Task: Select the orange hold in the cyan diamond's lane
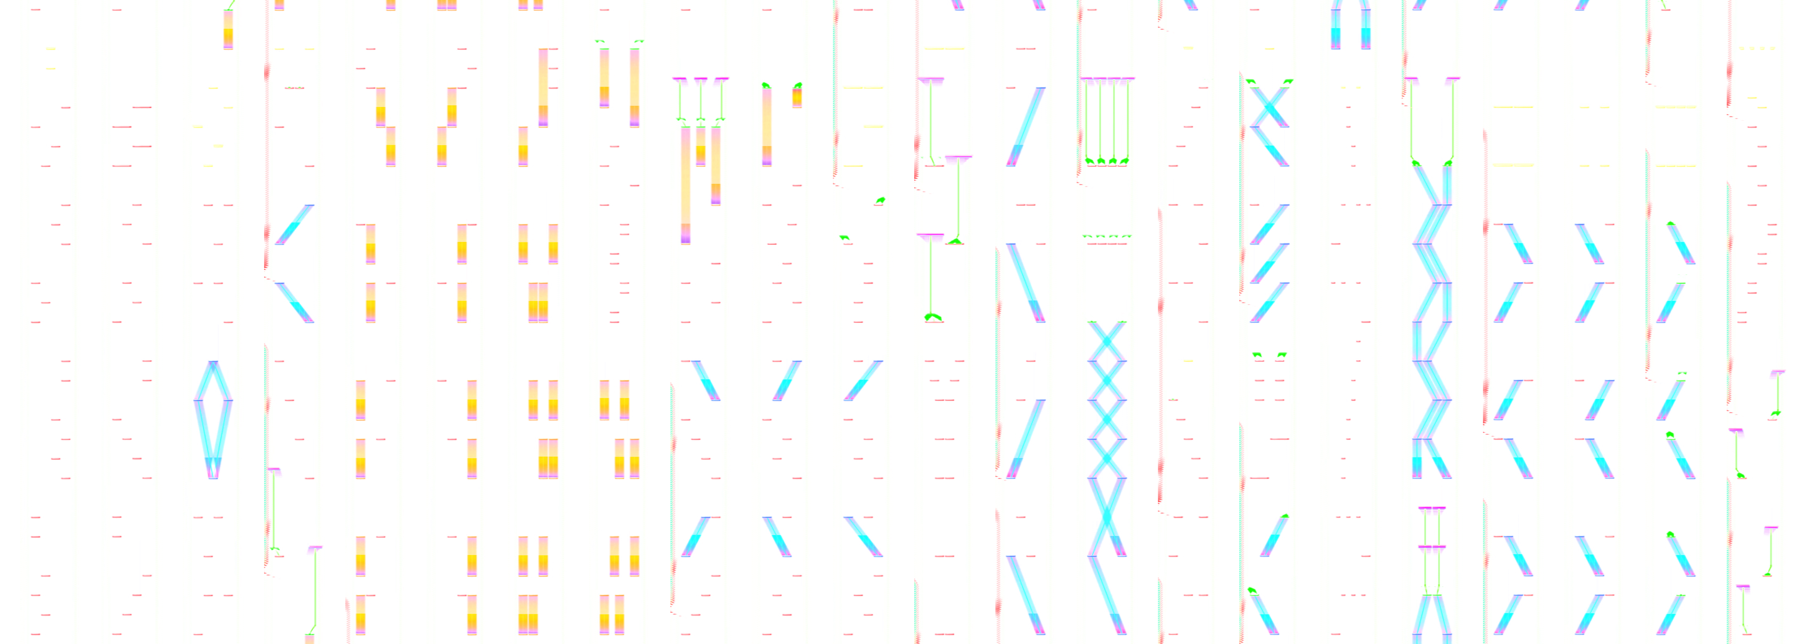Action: point(228,30)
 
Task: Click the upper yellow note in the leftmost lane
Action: point(50,48)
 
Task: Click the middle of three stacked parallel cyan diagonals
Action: point(1269,263)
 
